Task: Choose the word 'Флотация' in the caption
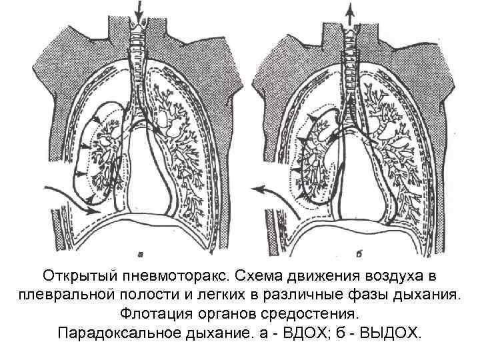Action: pos(154,313)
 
